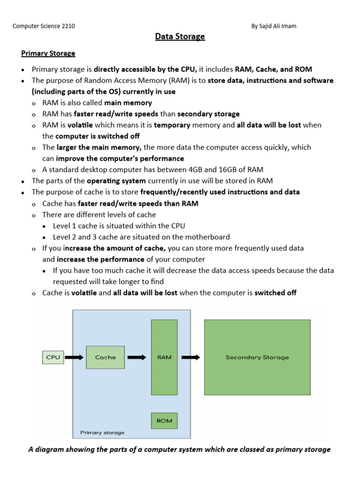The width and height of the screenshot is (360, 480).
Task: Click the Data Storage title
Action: tap(180, 37)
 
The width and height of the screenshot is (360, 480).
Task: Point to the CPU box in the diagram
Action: tap(53, 357)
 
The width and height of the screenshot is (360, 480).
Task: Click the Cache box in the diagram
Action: tap(105, 357)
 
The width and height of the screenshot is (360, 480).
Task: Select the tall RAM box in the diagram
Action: tap(164, 357)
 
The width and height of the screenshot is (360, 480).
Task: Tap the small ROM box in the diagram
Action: tap(164, 421)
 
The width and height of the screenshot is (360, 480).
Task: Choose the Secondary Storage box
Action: tap(257, 357)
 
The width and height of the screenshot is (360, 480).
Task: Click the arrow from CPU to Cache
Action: tap(74, 357)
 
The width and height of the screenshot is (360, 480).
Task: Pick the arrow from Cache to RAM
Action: tap(137, 357)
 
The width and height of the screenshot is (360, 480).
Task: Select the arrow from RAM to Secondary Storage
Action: tap(191, 357)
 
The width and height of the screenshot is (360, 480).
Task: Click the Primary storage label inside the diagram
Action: tap(102, 433)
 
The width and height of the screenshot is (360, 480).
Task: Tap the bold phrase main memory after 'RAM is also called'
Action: tap(128, 103)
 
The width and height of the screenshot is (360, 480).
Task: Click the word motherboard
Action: tap(207, 237)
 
